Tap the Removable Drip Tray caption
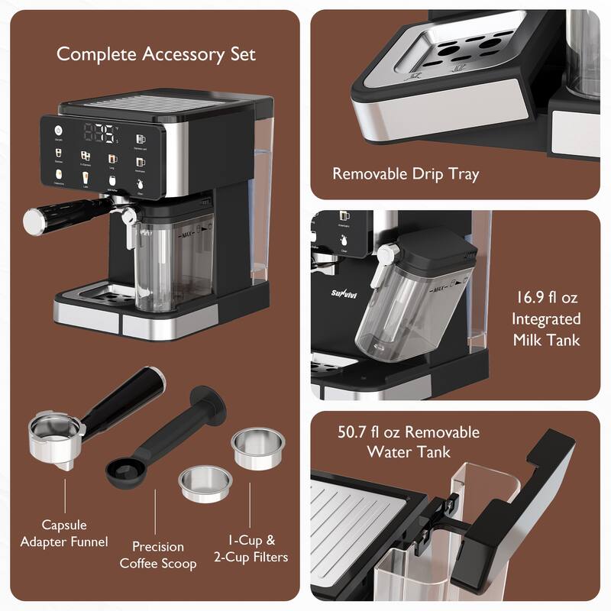pos(406,174)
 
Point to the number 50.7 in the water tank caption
pos(362,432)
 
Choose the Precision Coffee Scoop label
pos(158,555)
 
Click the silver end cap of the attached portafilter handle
pos(33,221)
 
